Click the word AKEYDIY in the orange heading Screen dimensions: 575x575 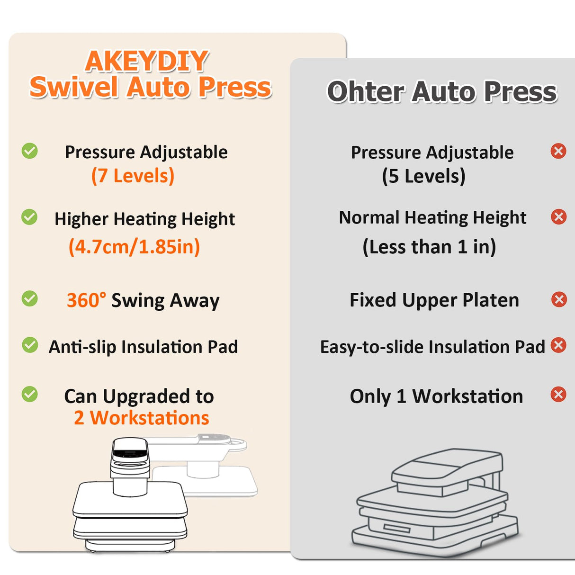click(147, 62)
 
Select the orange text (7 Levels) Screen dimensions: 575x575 click(133, 176)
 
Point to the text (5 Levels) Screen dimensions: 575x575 click(424, 177)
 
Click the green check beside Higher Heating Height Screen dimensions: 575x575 click(29, 217)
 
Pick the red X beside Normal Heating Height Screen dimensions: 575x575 click(559, 217)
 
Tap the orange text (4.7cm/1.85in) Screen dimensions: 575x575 click(135, 247)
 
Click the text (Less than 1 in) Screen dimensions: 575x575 click(429, 247)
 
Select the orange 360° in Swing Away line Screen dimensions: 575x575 click(86, 301)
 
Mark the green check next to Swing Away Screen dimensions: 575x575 click(30, 299)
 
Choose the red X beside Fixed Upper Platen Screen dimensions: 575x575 click(559, 299)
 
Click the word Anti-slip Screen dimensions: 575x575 click(82, 347)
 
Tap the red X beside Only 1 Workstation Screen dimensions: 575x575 click(559, 394)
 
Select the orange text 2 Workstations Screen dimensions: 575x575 click(142, 418)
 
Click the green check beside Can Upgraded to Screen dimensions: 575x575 click(30, 394)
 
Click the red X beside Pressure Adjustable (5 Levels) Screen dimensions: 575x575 click(559, 151)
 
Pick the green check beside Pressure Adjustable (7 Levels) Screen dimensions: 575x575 click(30, 151)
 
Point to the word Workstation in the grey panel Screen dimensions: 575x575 click(467, 396)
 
